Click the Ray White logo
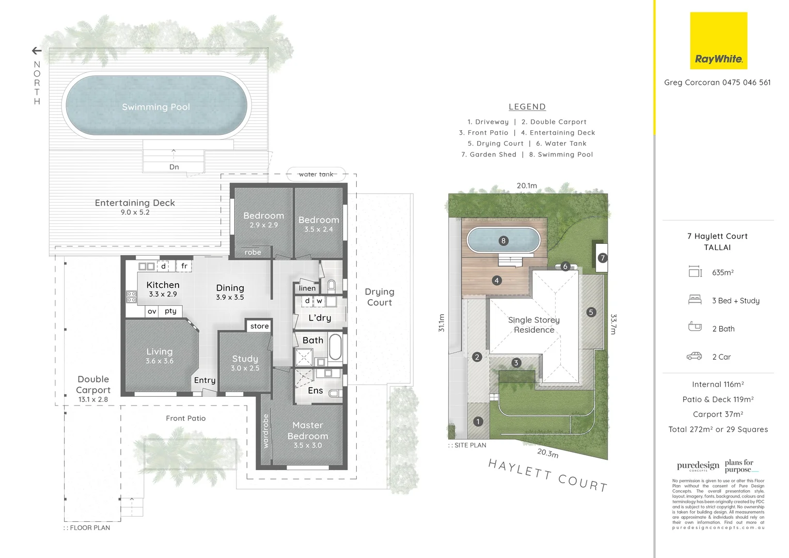pyautogui.click(x=718, y=41)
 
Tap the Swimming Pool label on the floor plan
pyautogui.click(x=156, y=107)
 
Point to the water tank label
pyautogui.click(x=316, y=174)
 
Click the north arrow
pyautogui.click(x=37, y=51)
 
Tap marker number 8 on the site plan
pyautogui.click(x=503, y=241)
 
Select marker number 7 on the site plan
pyautogui.click(x=602, y=258)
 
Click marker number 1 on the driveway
pyautogui.click(x=478, y=422)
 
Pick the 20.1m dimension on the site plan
pyautogui.click(x=527, y=185)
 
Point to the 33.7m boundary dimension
pyautogui.click(x=613, y=324)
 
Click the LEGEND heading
pyautogui.click(x=527, y=107)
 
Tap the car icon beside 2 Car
pyautogui.click(x=694, y=357)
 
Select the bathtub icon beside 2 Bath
pyautogui.click(x=695, y=327)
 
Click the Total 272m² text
pyautogui.click(x=718, y=429)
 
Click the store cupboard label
pyautogui.click(x=259, y=326)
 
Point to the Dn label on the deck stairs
pyautogui.click(x=174, y=167)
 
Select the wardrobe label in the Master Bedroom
pyautogui.click(x=266, y=431)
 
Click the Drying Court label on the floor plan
pyautogui.click(x=380, y=297)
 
